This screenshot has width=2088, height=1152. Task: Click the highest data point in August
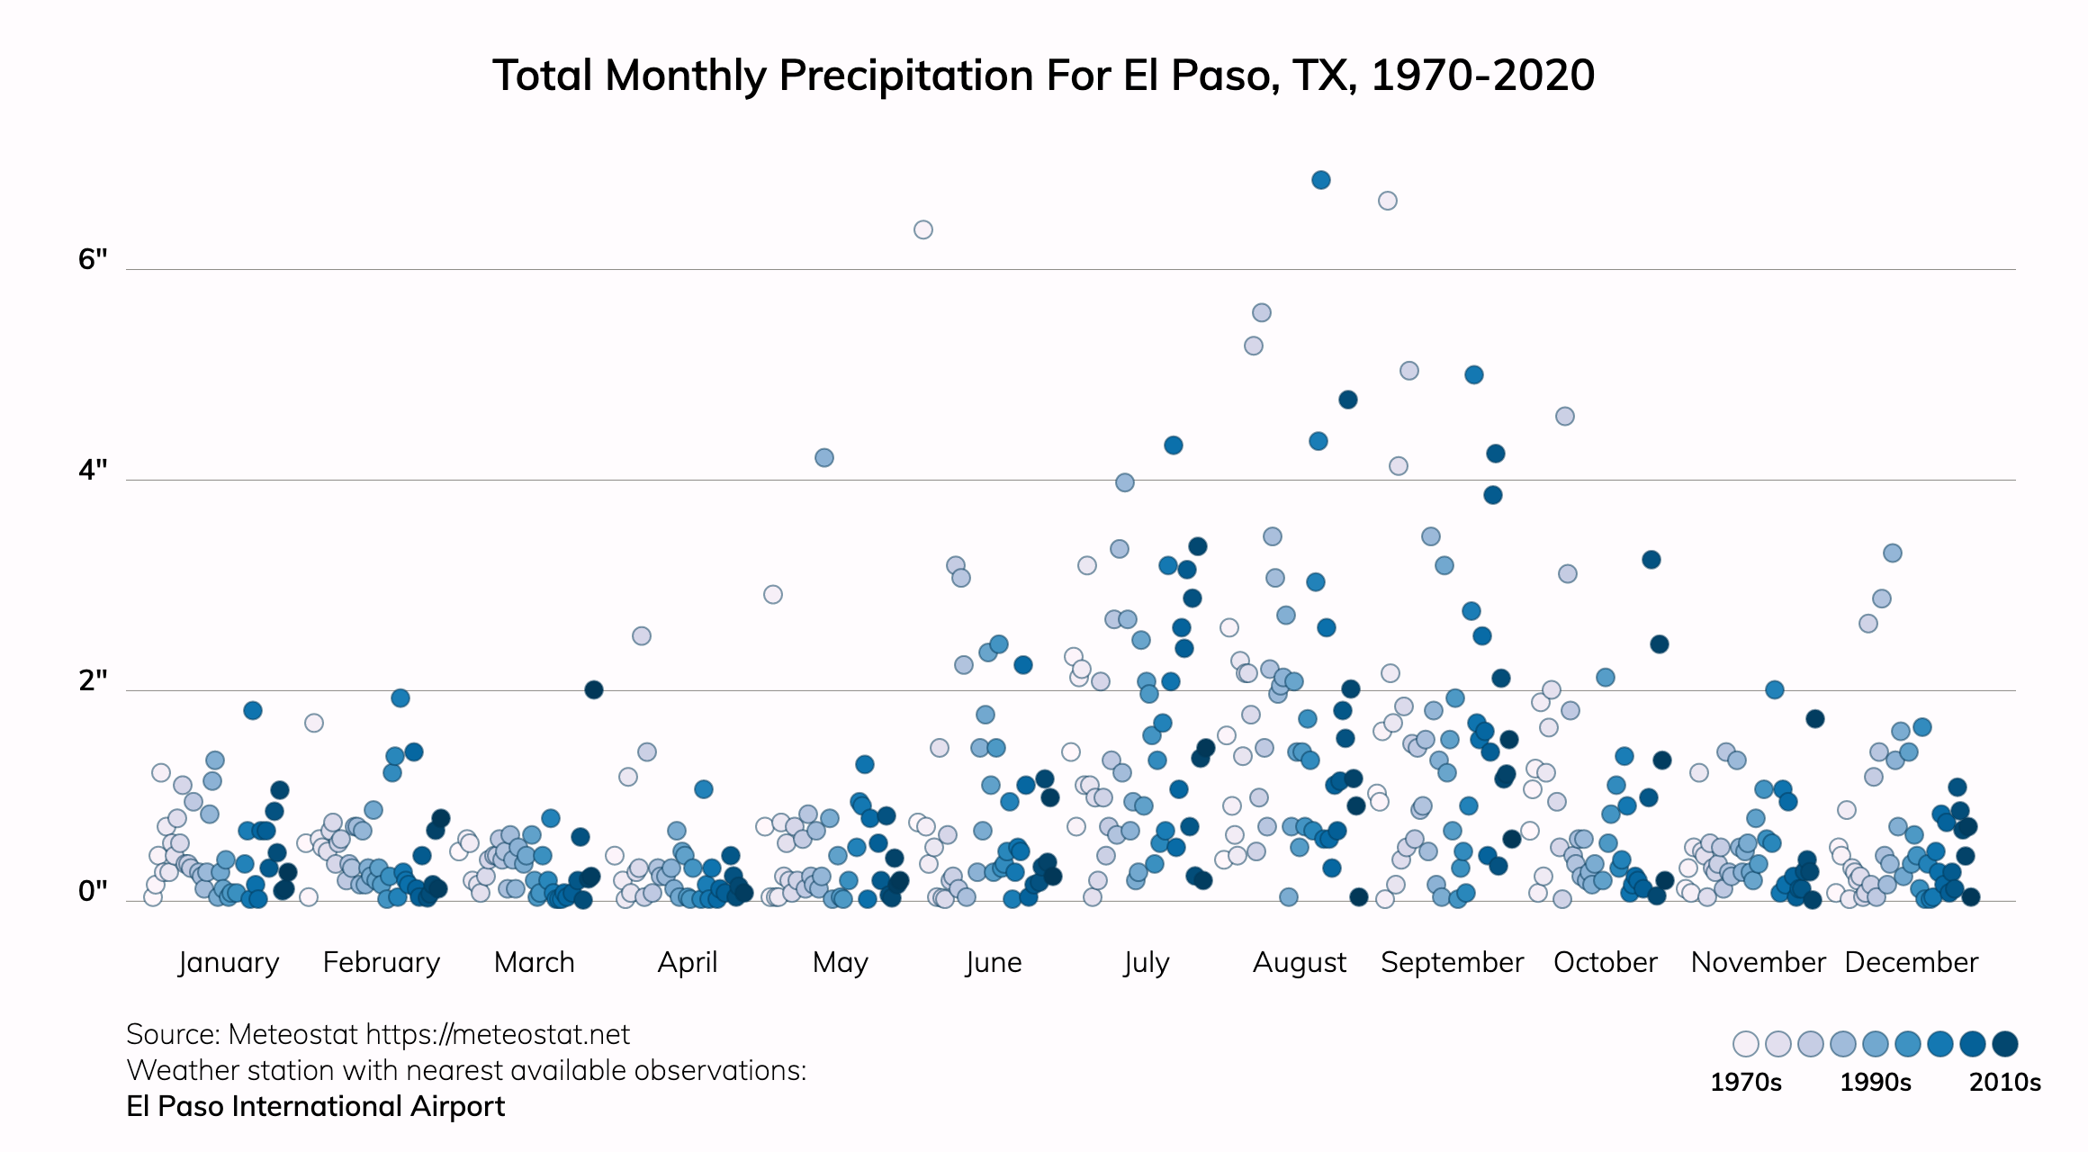click(1320, 180)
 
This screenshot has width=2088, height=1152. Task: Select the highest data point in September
click(1388, 201)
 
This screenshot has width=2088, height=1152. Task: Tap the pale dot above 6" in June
click(922, 229)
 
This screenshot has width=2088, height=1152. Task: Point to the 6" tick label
click(93, 259)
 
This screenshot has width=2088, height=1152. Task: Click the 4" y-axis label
click(93, 470)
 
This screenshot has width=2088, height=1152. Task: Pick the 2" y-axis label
click(93, 680)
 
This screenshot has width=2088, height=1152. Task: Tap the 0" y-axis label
click(93, 891)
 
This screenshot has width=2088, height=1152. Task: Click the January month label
click(229, 962)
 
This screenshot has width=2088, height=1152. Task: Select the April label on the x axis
click(688, 962)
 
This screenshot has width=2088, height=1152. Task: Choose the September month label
click(1452, 962)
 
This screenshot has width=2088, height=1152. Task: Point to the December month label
click(1912, 962)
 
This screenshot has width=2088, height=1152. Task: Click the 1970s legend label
click(1745, 1082)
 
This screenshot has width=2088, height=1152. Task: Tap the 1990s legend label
click(1875, 1082)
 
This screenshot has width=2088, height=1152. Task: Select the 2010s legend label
click(2004, 1082)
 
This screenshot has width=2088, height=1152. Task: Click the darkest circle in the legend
click(2004, 1044)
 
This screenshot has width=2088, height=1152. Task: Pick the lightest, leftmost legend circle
click(1745, 1044)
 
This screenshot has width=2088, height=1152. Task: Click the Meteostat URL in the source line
click(498, 1034)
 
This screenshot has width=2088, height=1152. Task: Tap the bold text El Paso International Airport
click(316, 1106)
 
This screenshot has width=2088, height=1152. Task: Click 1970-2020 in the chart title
click(1482, 75)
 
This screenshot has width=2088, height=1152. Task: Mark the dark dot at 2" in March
click(593, 689)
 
